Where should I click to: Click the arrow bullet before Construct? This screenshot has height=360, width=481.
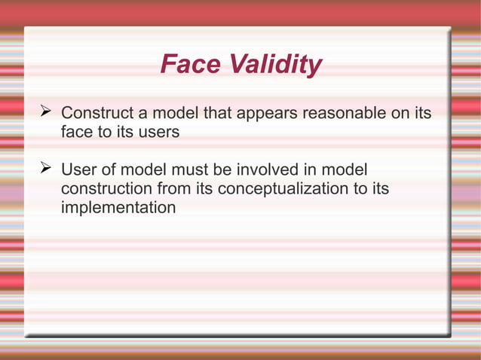(44, 113)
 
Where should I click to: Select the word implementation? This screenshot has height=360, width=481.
(118, 206)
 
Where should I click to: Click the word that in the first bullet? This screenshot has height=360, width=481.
(219, 114)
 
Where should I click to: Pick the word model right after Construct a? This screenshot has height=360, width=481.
(173, 114)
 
